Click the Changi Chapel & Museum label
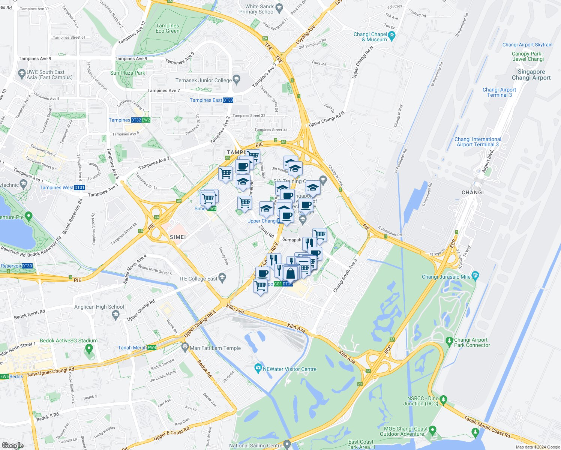(370, 37)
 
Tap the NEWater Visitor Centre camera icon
(258, 368)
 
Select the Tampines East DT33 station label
(211, 100)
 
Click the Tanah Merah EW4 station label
(137, 348)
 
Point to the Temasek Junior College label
(204, 80)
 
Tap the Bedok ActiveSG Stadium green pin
(89, 349)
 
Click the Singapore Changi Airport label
(531, 75)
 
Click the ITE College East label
(198, 279)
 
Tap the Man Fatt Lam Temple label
(215, 348)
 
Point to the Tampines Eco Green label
(168, 28)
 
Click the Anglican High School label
(99, 307)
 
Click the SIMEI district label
(178, 237)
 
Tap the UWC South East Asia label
(46, 75)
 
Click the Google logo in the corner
(12, 445)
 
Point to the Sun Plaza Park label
(127, 73)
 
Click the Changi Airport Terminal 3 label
(499, 92)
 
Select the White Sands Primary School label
(257, 9)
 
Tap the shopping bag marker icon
(290, 273)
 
